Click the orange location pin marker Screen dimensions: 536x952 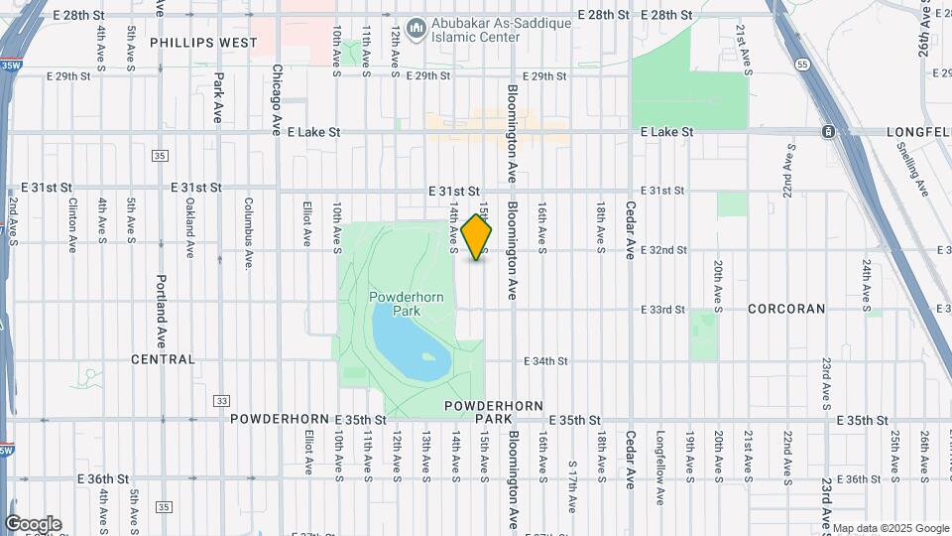477,236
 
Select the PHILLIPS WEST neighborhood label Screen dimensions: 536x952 203,43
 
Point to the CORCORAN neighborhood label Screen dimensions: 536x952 786,309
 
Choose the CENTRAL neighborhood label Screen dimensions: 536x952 163,359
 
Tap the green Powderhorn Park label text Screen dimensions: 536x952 401,304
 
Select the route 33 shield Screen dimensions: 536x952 221,401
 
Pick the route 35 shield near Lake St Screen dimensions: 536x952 160,156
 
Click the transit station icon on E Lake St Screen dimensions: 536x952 828,132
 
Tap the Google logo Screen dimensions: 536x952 33,524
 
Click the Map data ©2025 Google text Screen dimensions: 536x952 890,528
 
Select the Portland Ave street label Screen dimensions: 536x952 162,310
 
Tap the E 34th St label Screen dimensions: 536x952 544,361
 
